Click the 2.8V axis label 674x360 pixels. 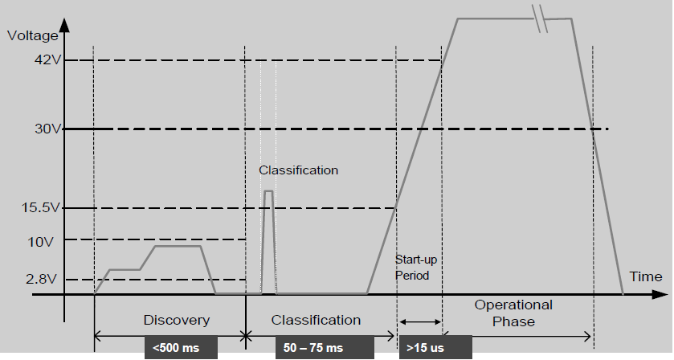(39, 279)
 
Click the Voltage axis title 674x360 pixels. (31, 35)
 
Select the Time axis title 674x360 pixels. (646, 276)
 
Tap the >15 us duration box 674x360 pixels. (435, 348)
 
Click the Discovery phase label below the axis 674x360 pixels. (176, 320)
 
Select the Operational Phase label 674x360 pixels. (513, 313)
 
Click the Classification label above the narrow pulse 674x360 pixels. (298, 170)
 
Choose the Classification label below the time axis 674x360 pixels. (316, 320)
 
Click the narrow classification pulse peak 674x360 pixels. (268, 191)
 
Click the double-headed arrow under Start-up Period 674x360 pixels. (419, 321)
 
